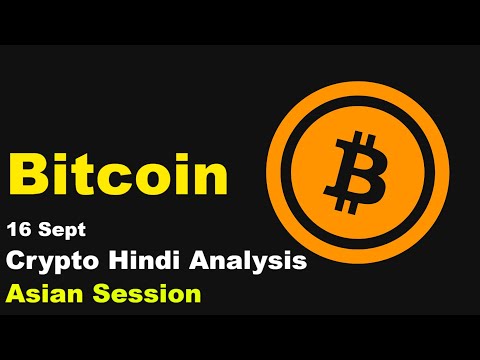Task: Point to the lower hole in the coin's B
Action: (x=359, y=178)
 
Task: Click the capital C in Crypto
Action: (x=17, y=262)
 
